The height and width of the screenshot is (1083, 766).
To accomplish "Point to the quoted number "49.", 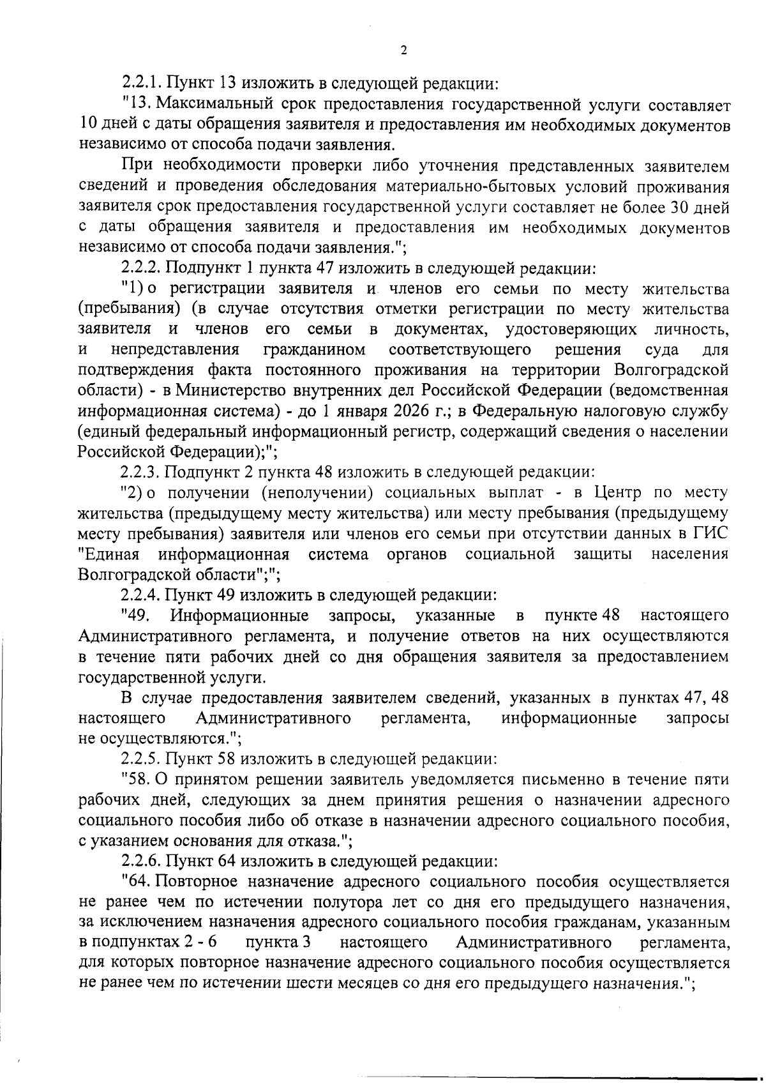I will pyautogui.click(x=135, y=616).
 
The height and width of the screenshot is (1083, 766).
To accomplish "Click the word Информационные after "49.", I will pyautogui.click(x=240, y=616).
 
